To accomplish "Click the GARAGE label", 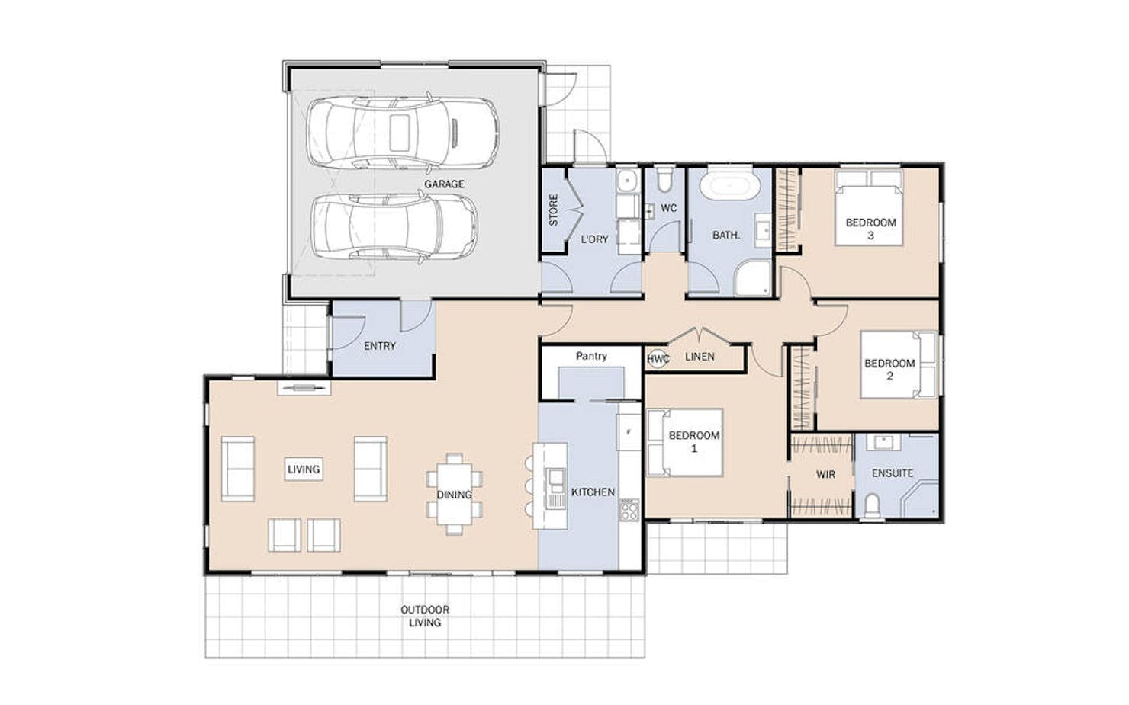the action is tap(444, 184).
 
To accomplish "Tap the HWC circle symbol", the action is tap(658, 359).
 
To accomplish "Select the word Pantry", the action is tap(591, 356).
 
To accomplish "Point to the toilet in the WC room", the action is tap(664, 180).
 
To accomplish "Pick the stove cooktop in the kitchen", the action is tap(629, 510).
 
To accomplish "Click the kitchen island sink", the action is tap(556, 481).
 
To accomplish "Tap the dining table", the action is tap(454, 494).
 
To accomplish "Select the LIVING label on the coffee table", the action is tap(304, 469).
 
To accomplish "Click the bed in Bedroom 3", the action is tap(869, 208).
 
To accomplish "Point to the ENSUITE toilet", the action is tap(872, 505).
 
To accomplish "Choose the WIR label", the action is tap(825, 474).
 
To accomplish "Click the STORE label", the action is tap(553, 210).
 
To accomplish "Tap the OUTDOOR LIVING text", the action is tap(425, 616).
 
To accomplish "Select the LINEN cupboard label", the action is tap(700, 357).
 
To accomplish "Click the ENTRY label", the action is tap(380, 346).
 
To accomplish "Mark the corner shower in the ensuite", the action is tap(920, 500).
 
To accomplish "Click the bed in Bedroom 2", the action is tap(899, 364).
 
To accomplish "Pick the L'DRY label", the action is tap(595, 239).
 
